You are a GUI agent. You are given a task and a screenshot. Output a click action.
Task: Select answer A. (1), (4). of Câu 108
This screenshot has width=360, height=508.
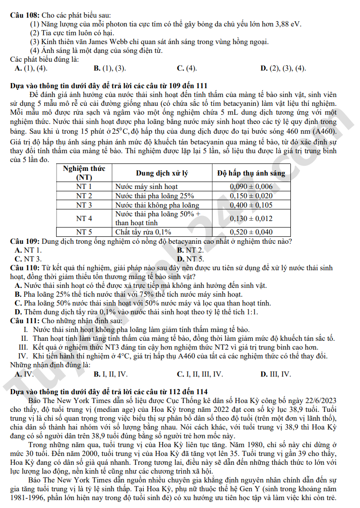tap(31, 68)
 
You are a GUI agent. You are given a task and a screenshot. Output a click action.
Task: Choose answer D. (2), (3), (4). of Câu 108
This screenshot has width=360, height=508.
tap(283, 68)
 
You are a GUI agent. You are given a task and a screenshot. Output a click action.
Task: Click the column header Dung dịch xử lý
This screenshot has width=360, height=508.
tap(161, 173)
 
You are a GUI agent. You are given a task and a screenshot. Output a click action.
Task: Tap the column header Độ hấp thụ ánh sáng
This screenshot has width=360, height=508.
tap(251, 173)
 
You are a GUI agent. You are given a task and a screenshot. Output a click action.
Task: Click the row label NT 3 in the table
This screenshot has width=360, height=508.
tap(84, 205)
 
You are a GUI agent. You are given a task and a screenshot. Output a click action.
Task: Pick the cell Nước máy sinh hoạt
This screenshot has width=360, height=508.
tap(147, 187)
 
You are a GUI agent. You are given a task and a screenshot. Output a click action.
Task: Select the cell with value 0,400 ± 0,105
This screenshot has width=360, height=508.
tap(251, 205)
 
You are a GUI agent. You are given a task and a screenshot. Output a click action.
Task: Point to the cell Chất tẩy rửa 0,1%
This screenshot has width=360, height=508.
tap(143, 232)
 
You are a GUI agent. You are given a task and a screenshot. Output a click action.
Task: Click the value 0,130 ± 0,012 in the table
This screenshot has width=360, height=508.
tap(251, 218)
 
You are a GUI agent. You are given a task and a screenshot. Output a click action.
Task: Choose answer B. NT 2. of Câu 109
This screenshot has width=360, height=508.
tap(191, 250)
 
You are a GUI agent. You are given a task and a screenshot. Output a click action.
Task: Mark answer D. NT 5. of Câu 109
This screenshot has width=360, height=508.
tap(191, 259)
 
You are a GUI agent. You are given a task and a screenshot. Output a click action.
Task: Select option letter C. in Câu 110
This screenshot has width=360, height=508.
tap(19, 303)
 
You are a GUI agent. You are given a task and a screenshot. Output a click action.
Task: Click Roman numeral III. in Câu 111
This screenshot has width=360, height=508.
tap(23, 347)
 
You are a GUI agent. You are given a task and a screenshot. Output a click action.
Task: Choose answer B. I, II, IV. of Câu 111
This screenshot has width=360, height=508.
tap(110, 374)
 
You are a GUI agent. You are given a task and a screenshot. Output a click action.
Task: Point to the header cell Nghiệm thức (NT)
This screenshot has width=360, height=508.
tap(84, 173)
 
